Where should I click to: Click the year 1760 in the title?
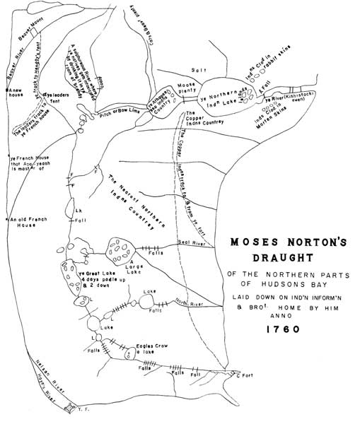point(285,329)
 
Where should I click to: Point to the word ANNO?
point(284,317)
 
